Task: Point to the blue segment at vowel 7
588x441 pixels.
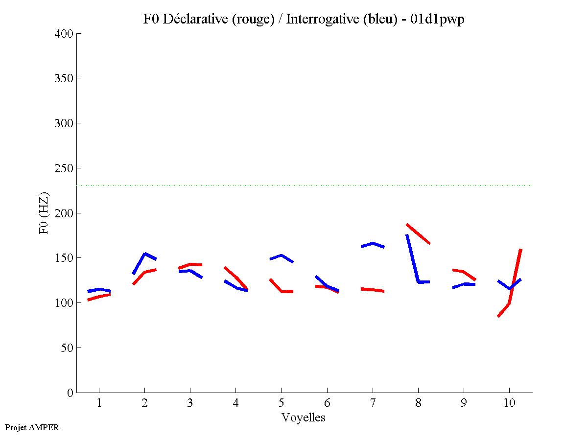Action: (373, 243)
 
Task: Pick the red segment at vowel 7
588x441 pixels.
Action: (373, 290)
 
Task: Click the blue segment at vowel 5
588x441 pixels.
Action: (281, 255)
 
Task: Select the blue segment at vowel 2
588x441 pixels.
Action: (144, 254)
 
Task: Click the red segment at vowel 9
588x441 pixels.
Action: (463, 271)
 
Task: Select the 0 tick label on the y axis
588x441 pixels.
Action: (71, 393)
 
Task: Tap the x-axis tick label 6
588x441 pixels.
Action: (327, 403)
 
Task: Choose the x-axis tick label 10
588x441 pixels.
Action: (509, 403)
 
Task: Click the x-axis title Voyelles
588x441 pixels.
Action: (304, 418)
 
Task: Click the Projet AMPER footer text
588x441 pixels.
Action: (32, 427)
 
